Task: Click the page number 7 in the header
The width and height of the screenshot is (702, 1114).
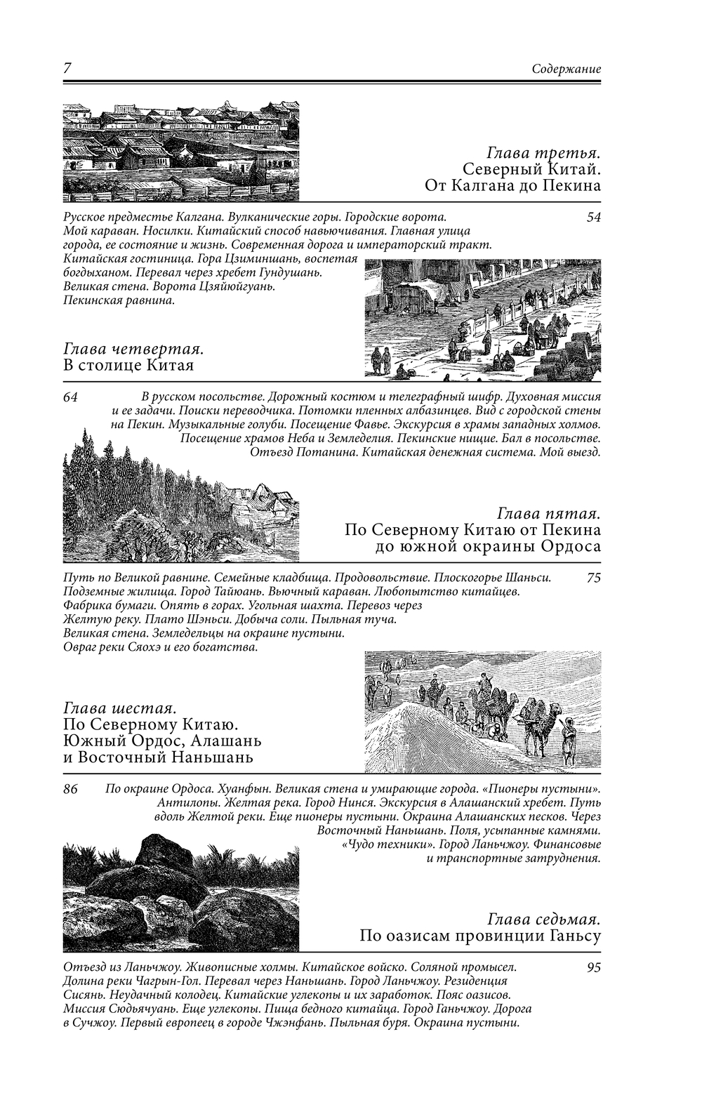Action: [x=67, y=69]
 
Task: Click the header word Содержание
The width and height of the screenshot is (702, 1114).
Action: [x=566, y=69]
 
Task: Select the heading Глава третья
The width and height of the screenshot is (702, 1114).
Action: [x=543, y=152]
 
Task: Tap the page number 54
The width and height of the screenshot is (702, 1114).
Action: [x=593, y=217]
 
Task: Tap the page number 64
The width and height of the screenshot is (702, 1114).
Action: [x=70, y=397]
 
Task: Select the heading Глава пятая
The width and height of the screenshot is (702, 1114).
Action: [x=548, y=512]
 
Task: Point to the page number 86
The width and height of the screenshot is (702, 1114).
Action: [x=70, y=789]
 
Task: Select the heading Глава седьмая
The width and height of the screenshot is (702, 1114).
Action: [x=543, y=919]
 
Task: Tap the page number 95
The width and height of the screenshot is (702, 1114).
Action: [x=593, y=967]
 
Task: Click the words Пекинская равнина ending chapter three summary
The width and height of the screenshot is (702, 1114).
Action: [x=118, y=300]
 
